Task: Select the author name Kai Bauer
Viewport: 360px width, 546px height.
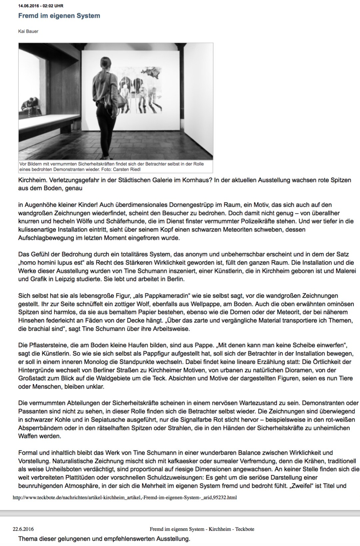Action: [x=28, y=31]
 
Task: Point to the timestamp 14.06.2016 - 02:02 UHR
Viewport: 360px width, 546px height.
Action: [x=41, y=6]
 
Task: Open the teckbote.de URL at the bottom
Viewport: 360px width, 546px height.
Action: [x=125, y=497]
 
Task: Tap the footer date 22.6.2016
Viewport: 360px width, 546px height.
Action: [x=23, y=529]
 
